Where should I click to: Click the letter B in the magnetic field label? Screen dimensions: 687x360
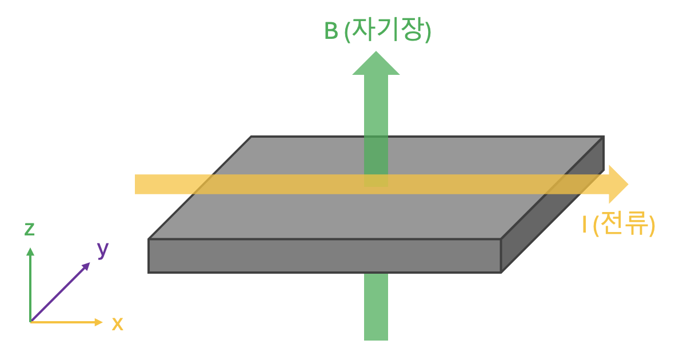pyautogui.click(x=331, y=31)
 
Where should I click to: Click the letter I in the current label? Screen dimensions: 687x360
pyautogui.click(x=584, y=225)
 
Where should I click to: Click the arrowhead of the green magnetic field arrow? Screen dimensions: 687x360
pyautogui.click(x=376, y=64)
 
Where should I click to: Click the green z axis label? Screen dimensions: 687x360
pyautogui.click(x=30, y=229)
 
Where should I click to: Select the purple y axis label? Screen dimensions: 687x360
pyautogui.click(x=103, y=249)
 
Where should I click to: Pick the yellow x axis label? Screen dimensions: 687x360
pyautogui.click(x=117, y=324)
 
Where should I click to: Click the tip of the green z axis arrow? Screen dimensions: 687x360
pyautogui.click(x=30, y=249)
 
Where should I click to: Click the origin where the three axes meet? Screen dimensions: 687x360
pyautogui.click(x=30, y=322)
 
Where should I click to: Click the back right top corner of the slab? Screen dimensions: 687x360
pyautogui.click(x=603, y=137)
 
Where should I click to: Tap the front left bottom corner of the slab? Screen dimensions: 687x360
pyautogui.click(x=149, y=272)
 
